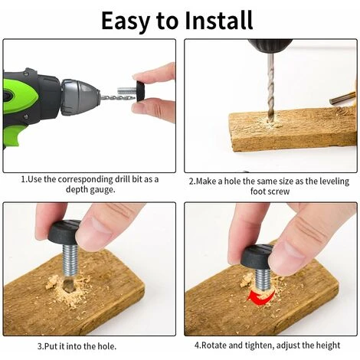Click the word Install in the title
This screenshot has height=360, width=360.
click(218, 20)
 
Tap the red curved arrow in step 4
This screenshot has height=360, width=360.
click(260, 296)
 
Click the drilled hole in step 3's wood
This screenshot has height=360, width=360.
click(67, 285)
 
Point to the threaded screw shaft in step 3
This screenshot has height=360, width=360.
click(70, 260)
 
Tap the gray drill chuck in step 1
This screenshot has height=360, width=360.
click(79, 97)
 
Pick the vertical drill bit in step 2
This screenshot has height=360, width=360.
click(270, 86)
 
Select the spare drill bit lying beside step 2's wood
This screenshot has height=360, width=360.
click(342, 98)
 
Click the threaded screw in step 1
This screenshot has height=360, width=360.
click(126, 91)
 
